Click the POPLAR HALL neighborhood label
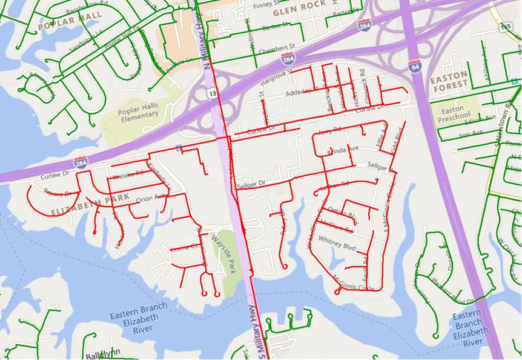tap(70, 21)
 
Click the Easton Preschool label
tap(456, 113)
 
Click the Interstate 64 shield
tap(414, 65)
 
